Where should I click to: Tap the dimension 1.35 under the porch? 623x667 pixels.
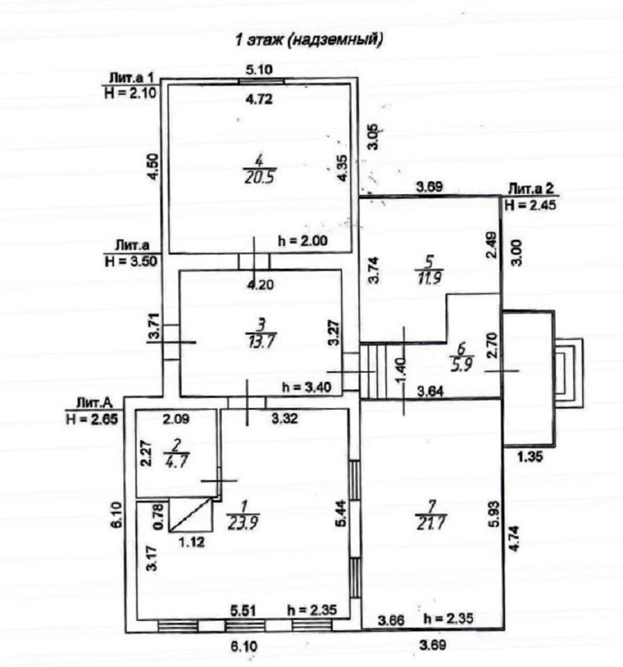click(530, 457)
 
